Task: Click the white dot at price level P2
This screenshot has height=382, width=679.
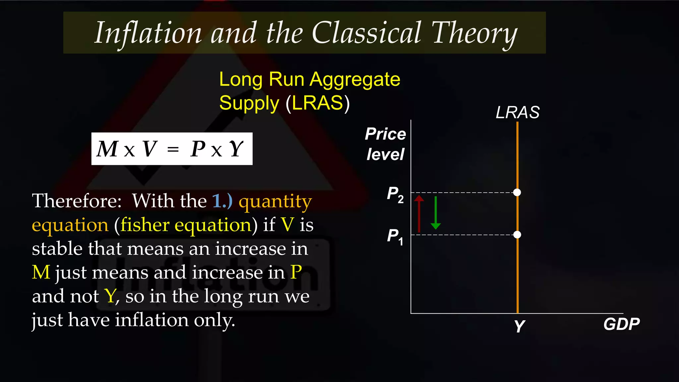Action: pos(517,192)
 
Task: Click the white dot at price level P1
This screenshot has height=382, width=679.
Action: pos(517,235)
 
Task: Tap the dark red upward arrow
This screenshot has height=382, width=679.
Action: pos(419,214)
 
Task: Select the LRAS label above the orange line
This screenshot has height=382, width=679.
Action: pos(517,112)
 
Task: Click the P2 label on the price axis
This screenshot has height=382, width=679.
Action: pos(395,194)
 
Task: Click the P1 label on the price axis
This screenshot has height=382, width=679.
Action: pos(395,236)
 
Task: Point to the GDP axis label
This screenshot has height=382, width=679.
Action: pos(621,324)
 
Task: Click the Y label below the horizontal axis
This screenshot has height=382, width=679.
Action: pos(519,326)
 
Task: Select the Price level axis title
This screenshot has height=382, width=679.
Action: pos(385,144)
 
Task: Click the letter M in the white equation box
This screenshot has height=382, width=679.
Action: pos(107,149)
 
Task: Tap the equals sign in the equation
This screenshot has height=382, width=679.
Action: pos(173,150)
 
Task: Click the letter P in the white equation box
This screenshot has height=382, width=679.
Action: pos(198,149)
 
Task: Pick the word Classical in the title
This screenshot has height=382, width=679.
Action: pos(366,33)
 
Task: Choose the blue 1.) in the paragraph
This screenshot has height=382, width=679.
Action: pos(222,201)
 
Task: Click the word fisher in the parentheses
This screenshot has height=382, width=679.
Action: pos(145,225)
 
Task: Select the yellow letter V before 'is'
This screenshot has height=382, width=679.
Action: pos(287,225)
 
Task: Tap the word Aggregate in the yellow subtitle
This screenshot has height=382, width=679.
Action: pos(355,80)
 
